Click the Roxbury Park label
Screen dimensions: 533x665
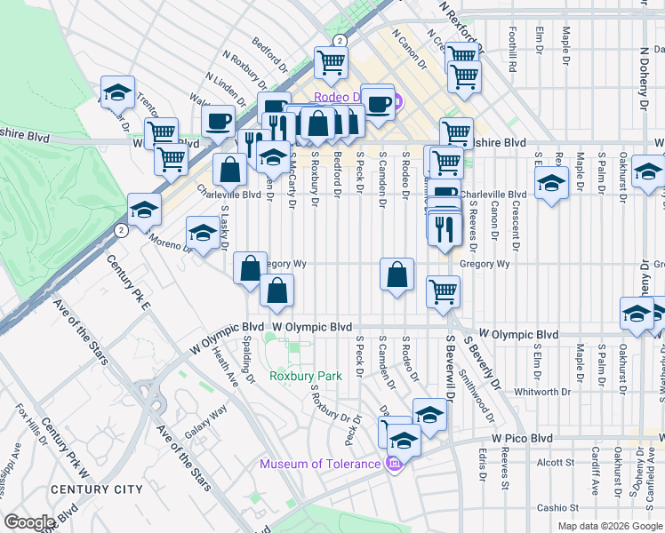[306, 376]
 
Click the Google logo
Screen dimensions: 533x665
[30, 522]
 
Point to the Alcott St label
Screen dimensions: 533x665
[557, 462]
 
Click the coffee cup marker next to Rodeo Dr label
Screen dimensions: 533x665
[377, 101]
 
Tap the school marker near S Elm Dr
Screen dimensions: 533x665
[552, 183]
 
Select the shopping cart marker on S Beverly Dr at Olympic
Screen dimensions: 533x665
[443, 290]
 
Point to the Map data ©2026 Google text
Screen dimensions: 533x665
[610, 526]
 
